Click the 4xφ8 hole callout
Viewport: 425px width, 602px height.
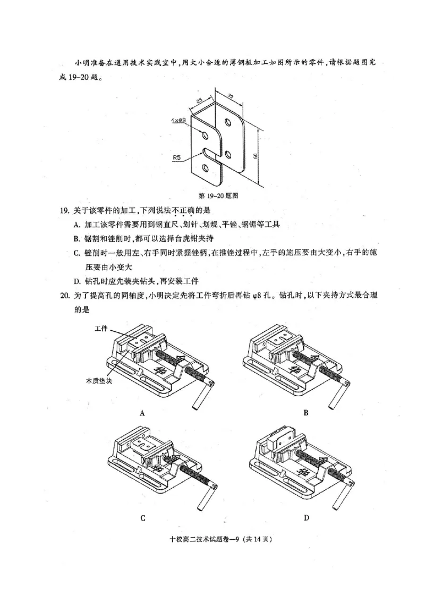tap(178, 121)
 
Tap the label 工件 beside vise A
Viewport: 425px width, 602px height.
tap(101, 329)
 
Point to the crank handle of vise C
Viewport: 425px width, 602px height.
tap(203, 498)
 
